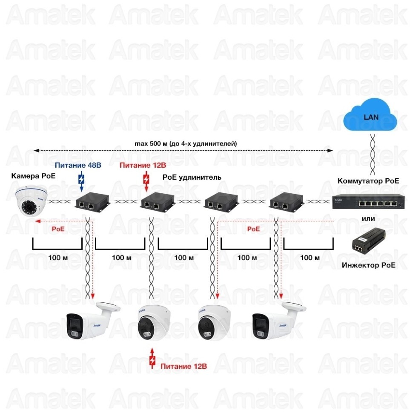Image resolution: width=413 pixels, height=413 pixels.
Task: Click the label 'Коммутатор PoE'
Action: (x=368, y=181)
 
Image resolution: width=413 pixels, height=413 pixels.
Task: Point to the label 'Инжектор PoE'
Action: (x=368, y=265)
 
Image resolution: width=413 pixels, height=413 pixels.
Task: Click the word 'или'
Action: (x=368, y=219)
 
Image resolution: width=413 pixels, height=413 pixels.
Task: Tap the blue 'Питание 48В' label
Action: (x=78, y=165)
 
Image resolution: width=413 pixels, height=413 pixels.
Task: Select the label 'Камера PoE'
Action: (x=33, y=176)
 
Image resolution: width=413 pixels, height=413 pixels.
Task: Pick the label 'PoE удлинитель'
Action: (x=192, y=177)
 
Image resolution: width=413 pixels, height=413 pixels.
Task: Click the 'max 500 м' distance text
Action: (x=186, y=144)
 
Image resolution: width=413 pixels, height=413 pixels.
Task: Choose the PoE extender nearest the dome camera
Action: (x=92, y=202)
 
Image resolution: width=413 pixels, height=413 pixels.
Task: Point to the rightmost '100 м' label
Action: (x=310, y=258)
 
